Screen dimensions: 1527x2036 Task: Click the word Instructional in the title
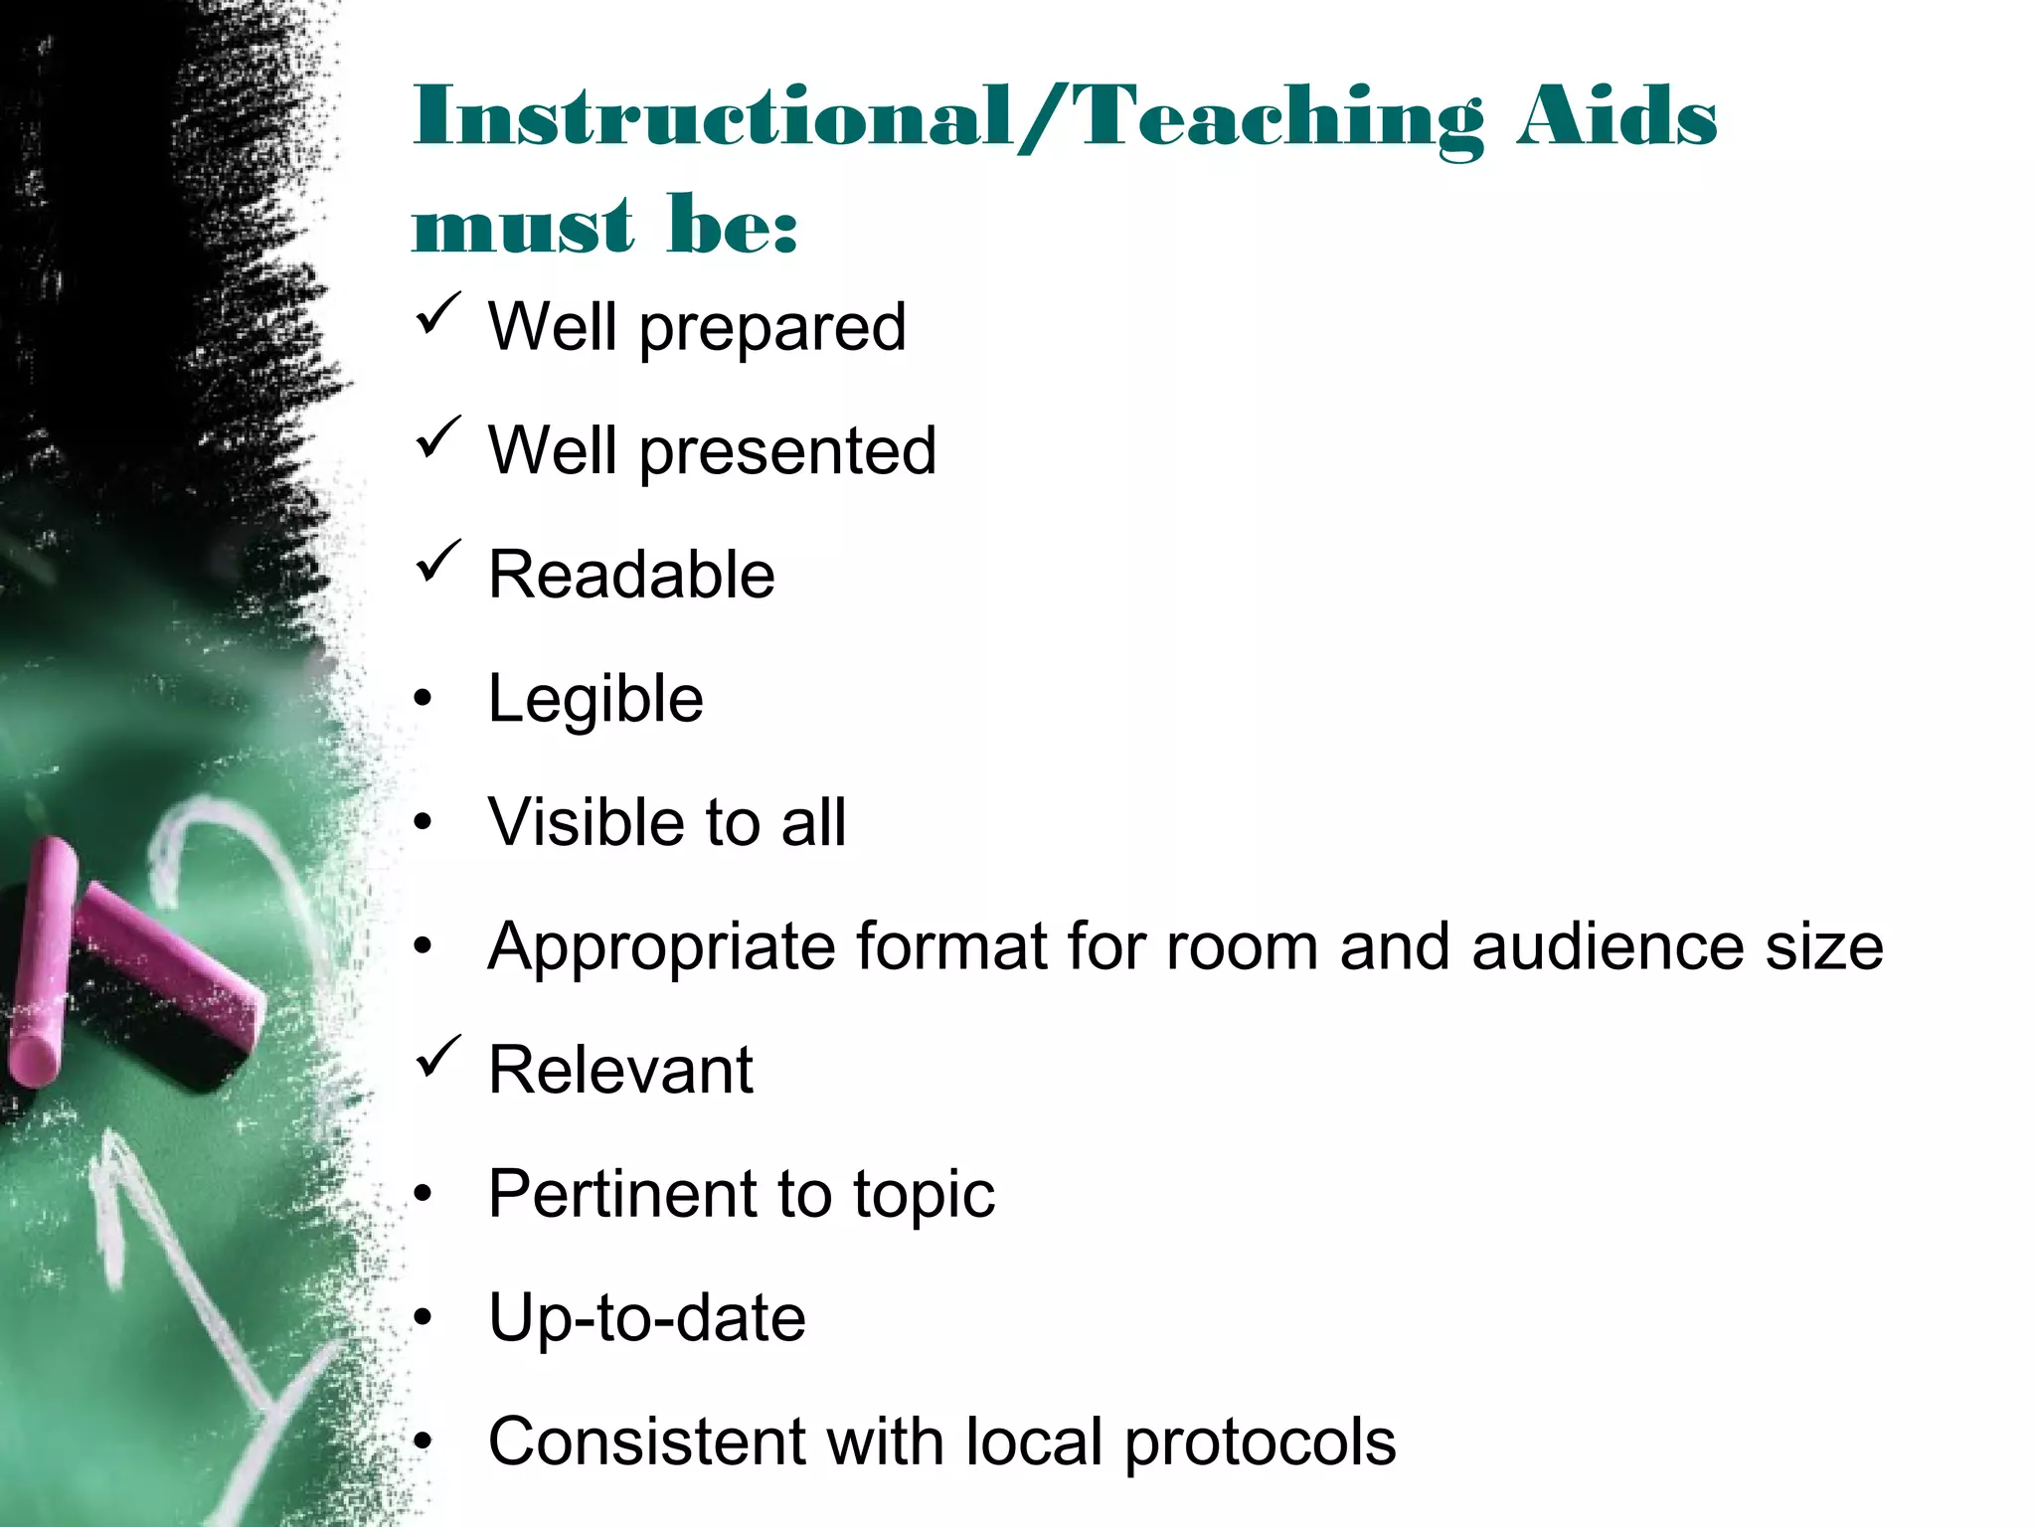pyautogui.click(x=712, y=118)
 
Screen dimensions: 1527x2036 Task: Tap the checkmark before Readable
pyautogui.click(x=437, y=562)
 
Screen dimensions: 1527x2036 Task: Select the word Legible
pyautogui.click(x=595, y=700)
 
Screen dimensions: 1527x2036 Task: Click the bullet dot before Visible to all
pyautogui.click(x=424, y=823)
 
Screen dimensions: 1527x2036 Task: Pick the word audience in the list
pyautogui.click(x=1608, y=946)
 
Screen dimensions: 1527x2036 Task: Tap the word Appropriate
pyautogui.click(x=661, y=946)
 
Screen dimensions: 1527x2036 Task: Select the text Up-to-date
pyautogui.click(x=646, y=1319)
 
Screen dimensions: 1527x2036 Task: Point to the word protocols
pyautogui.click(x=1260, y=1442)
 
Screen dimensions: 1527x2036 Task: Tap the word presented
pyautogui.click(x=787, y=452)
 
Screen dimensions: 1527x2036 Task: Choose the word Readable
pyautogui.click(x=631, y=576)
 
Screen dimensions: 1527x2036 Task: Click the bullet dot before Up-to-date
pyautogui.click(x=424, y=1318)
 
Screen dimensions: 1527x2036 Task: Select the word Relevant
pyautogui.click(x=620, y=1071)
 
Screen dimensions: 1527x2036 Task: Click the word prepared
pyautogui.click(x=772, y=329)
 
